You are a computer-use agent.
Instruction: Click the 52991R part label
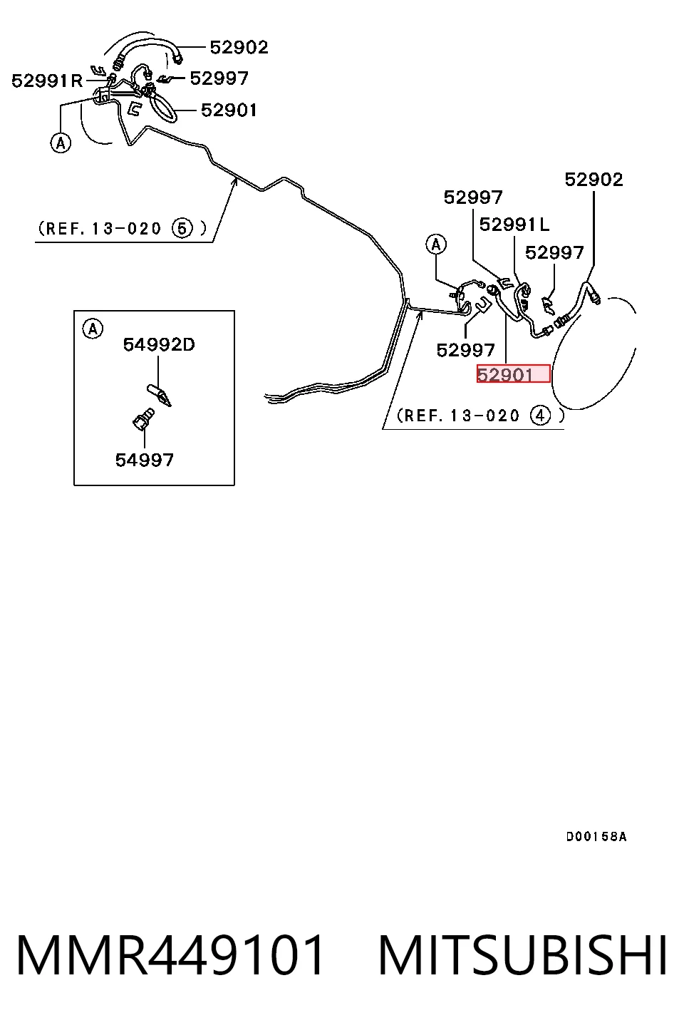pos(46,81)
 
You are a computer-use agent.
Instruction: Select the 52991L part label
pos(514,225)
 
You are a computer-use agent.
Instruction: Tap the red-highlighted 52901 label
pos(513,374)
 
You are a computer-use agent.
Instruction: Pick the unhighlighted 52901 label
pos(229,110)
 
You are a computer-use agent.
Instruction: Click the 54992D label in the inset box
pos(159,344)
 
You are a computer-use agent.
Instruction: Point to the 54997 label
pos(144,460)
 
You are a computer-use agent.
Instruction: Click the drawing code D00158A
pos(596,836)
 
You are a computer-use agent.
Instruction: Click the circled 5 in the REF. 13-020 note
pos(182,228)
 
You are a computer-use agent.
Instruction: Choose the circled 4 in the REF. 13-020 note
pos(540,416)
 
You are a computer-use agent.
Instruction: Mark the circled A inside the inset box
pos(93,329)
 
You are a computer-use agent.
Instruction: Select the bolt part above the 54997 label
pos(143,418)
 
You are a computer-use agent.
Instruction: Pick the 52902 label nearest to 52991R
pos(239,47)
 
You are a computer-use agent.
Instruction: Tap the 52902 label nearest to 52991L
pos(594,180)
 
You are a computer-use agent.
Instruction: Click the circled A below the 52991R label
pos(61,143)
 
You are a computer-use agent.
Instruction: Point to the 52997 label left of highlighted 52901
pos(465,350)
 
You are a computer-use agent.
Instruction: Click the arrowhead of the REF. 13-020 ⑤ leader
pos(234,180)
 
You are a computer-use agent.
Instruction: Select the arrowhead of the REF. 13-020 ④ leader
pos(420,314)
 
